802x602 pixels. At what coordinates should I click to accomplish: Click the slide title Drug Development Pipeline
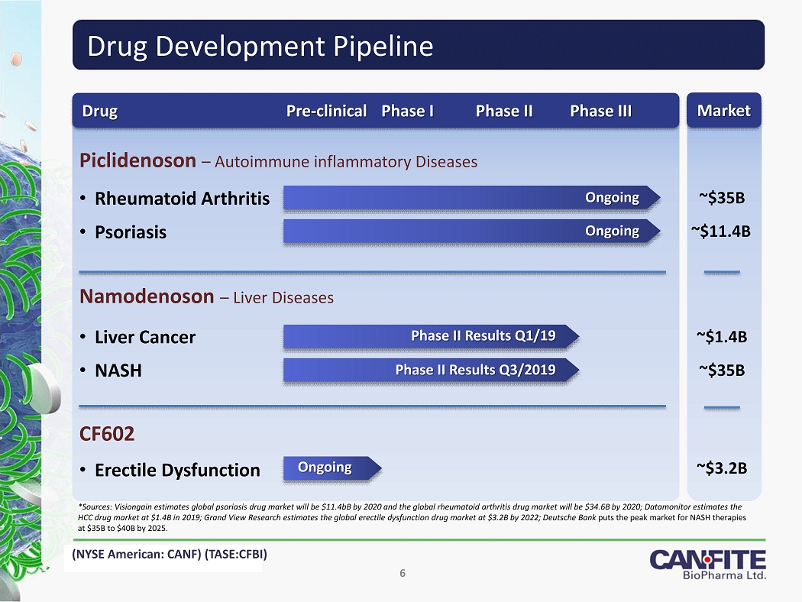click(260, 46)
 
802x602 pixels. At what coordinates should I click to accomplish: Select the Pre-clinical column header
click(326, 111)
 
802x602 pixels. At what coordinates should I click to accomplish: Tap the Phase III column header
click(601, 111)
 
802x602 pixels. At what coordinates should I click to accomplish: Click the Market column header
click(724, 110)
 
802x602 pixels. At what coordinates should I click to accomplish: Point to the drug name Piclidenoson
click(137, 160)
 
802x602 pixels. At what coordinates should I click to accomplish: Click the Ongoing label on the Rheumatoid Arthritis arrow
click(613, 197)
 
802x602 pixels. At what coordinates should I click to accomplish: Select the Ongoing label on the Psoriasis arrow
click(613, 231)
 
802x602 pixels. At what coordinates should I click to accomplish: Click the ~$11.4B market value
click(721, 231)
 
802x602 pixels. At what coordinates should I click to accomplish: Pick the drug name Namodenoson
click(147, 296)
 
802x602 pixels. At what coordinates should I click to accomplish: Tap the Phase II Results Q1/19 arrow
click(432, 336)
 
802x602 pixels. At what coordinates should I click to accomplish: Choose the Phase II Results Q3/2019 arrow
click(432, 370)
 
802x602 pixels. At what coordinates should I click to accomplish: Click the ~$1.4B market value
click(722, 337)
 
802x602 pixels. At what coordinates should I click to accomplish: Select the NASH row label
click(118, 371)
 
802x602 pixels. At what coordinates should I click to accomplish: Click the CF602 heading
click(107, 434)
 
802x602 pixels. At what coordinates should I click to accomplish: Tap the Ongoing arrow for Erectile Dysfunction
click(332, 468)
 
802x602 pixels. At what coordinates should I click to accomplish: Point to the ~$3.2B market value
click(722, 468)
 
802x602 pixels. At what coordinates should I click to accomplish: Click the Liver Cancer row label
click(145, 337)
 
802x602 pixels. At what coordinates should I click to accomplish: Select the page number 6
click(403, 574)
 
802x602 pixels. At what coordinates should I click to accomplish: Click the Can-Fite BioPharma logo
click(708, 565)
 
